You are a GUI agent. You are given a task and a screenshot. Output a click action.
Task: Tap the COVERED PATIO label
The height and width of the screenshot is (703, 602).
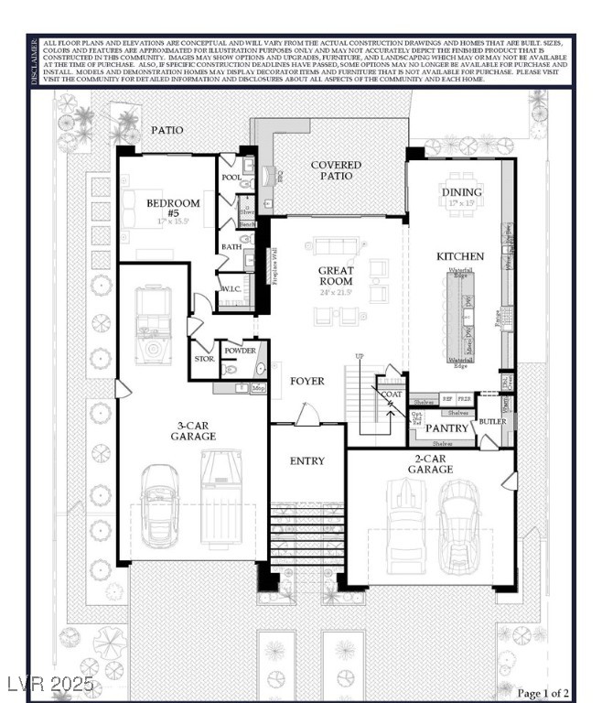click(x=336, y=171)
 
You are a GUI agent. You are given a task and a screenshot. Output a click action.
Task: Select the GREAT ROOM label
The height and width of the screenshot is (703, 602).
click(x=336, y=276)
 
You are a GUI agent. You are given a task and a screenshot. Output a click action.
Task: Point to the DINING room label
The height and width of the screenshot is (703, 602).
click(x=461, y=192)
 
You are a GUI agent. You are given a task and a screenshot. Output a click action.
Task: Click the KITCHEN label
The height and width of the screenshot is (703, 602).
click(x=460, y=256)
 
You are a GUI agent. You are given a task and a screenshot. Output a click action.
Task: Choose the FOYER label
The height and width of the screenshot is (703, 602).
click(x=307, y=381)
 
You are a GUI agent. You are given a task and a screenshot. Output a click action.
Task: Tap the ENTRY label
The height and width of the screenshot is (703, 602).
click(x=306, y=460)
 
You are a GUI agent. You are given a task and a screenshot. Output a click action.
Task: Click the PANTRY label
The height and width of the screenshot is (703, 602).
click(x=447, y=428)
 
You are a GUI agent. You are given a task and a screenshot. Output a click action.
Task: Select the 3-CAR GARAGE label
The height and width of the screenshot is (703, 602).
click(x=193, y=431)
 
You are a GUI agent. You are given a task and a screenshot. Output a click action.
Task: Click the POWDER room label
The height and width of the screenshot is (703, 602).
click(x=240, y=350)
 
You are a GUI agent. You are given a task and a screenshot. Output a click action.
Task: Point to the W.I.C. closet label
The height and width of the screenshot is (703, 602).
click(x=231, y=290)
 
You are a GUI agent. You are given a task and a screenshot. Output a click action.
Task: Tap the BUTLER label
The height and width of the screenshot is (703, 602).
click(x=492, y=422)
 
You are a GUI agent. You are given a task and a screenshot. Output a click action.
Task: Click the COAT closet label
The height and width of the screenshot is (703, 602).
click(x=392, y=395)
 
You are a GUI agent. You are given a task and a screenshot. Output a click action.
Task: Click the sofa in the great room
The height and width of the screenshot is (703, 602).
click(x=336, y=246)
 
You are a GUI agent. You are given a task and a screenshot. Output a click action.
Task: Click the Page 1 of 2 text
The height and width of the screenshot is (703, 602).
click(x=543, y=693)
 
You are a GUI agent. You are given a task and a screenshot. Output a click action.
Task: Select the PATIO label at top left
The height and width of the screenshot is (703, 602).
click(x=167, y=130)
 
